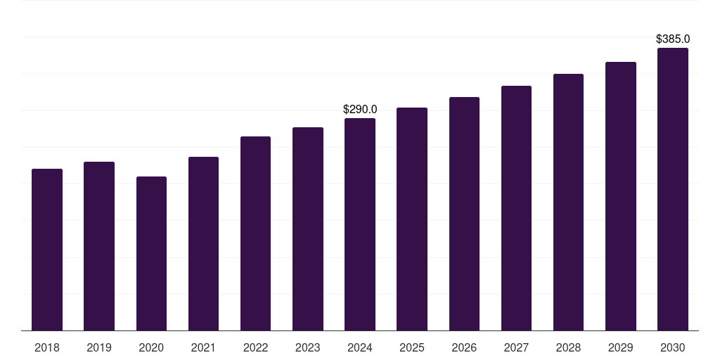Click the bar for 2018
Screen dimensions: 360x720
click(47, 250)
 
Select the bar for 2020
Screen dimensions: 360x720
click(151, 253)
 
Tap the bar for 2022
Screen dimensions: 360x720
click(255, 233)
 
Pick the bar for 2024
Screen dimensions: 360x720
click(360, 224)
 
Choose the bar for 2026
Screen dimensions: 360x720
click(464, 214)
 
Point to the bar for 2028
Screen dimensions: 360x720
click(568, 202)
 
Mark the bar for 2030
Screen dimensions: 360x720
click(673, 189)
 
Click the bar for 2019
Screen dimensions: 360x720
click(99, 246)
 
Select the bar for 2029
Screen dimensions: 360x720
click(621, 196)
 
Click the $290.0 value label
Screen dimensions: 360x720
click(360, 110)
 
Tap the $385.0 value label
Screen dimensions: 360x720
click(673, 39)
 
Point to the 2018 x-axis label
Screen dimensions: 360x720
click(47, 348)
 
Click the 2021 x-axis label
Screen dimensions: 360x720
click(203, 348)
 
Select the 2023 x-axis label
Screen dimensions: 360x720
click(308, 348)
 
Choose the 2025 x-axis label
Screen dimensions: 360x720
click(412, 348)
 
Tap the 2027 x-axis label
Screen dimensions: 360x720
click(516, 348)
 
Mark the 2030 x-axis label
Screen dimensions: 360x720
click(673, 348)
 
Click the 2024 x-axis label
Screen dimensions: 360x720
click(360, 348)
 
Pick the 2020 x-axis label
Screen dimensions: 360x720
click(151, 348)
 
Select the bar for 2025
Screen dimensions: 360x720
click(412, 219)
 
